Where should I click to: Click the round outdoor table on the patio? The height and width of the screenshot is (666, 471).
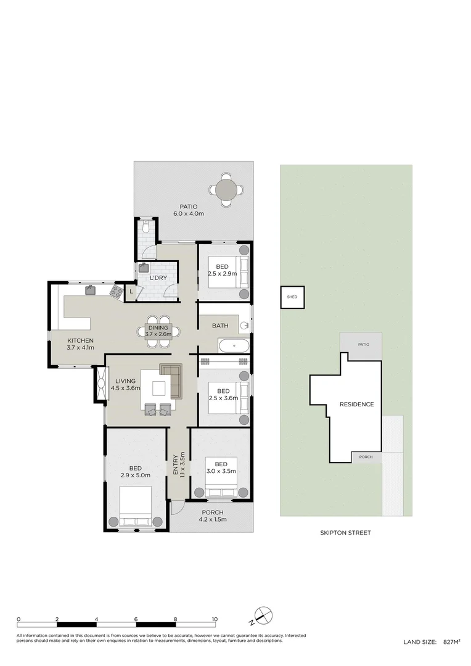point(226,189)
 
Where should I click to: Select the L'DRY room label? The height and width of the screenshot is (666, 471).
point(158,277)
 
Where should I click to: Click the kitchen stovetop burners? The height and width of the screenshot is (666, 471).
point(116,290)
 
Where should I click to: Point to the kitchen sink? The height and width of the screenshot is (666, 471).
point(91,290)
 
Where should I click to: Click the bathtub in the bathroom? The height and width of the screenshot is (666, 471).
point(233,346)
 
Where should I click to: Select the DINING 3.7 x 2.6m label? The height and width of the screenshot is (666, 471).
point(158,331)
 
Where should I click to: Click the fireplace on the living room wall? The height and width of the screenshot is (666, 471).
point(101,384)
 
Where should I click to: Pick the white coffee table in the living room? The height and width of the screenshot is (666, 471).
point(159,388)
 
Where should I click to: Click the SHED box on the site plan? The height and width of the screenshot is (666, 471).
point(292,297)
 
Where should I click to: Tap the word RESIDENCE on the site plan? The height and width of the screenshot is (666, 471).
point(357,404)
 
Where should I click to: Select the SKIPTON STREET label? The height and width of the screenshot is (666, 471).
point(345,533)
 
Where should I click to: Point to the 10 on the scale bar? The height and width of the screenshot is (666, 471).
point(215,619)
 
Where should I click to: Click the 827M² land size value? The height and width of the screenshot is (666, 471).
point(452,642)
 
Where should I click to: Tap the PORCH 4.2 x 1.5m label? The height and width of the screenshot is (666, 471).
point(212,516)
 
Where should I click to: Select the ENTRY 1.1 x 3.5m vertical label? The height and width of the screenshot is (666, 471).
point(179,465)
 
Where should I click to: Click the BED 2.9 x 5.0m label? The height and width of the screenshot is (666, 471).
point(136,472)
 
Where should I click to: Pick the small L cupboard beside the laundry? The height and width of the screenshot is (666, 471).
point(131,292)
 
